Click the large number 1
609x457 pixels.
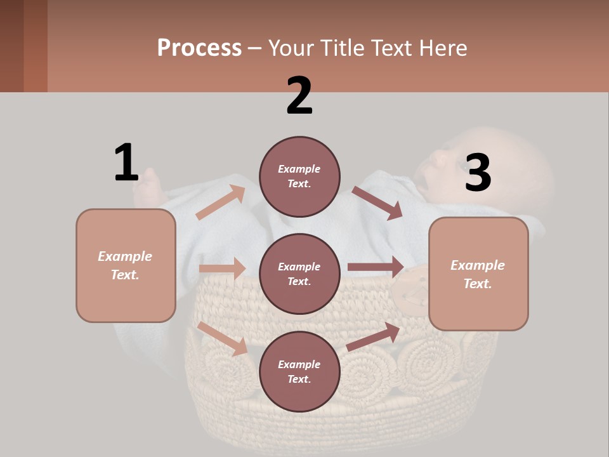tap(126, 162)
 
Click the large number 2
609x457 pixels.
tap(299, 96)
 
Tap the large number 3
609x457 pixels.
tap(478, 173)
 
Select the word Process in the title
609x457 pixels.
tap(199, 48)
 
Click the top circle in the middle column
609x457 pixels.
tap(299, 176)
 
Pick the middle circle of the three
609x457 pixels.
tap(299, 274)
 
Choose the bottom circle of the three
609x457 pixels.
tap(299, 371)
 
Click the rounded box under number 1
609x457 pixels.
tap(126, 265)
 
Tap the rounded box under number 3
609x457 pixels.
tap(478, 274)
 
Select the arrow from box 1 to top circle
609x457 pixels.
tap(221, 202)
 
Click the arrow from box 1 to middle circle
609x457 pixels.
tap(222, 268)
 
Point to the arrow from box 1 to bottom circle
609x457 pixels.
tap(223, 338)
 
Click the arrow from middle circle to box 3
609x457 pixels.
tap(376, 267)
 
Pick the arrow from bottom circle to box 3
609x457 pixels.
tap(373, 337)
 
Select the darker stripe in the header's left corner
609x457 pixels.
tap(11, 46)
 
